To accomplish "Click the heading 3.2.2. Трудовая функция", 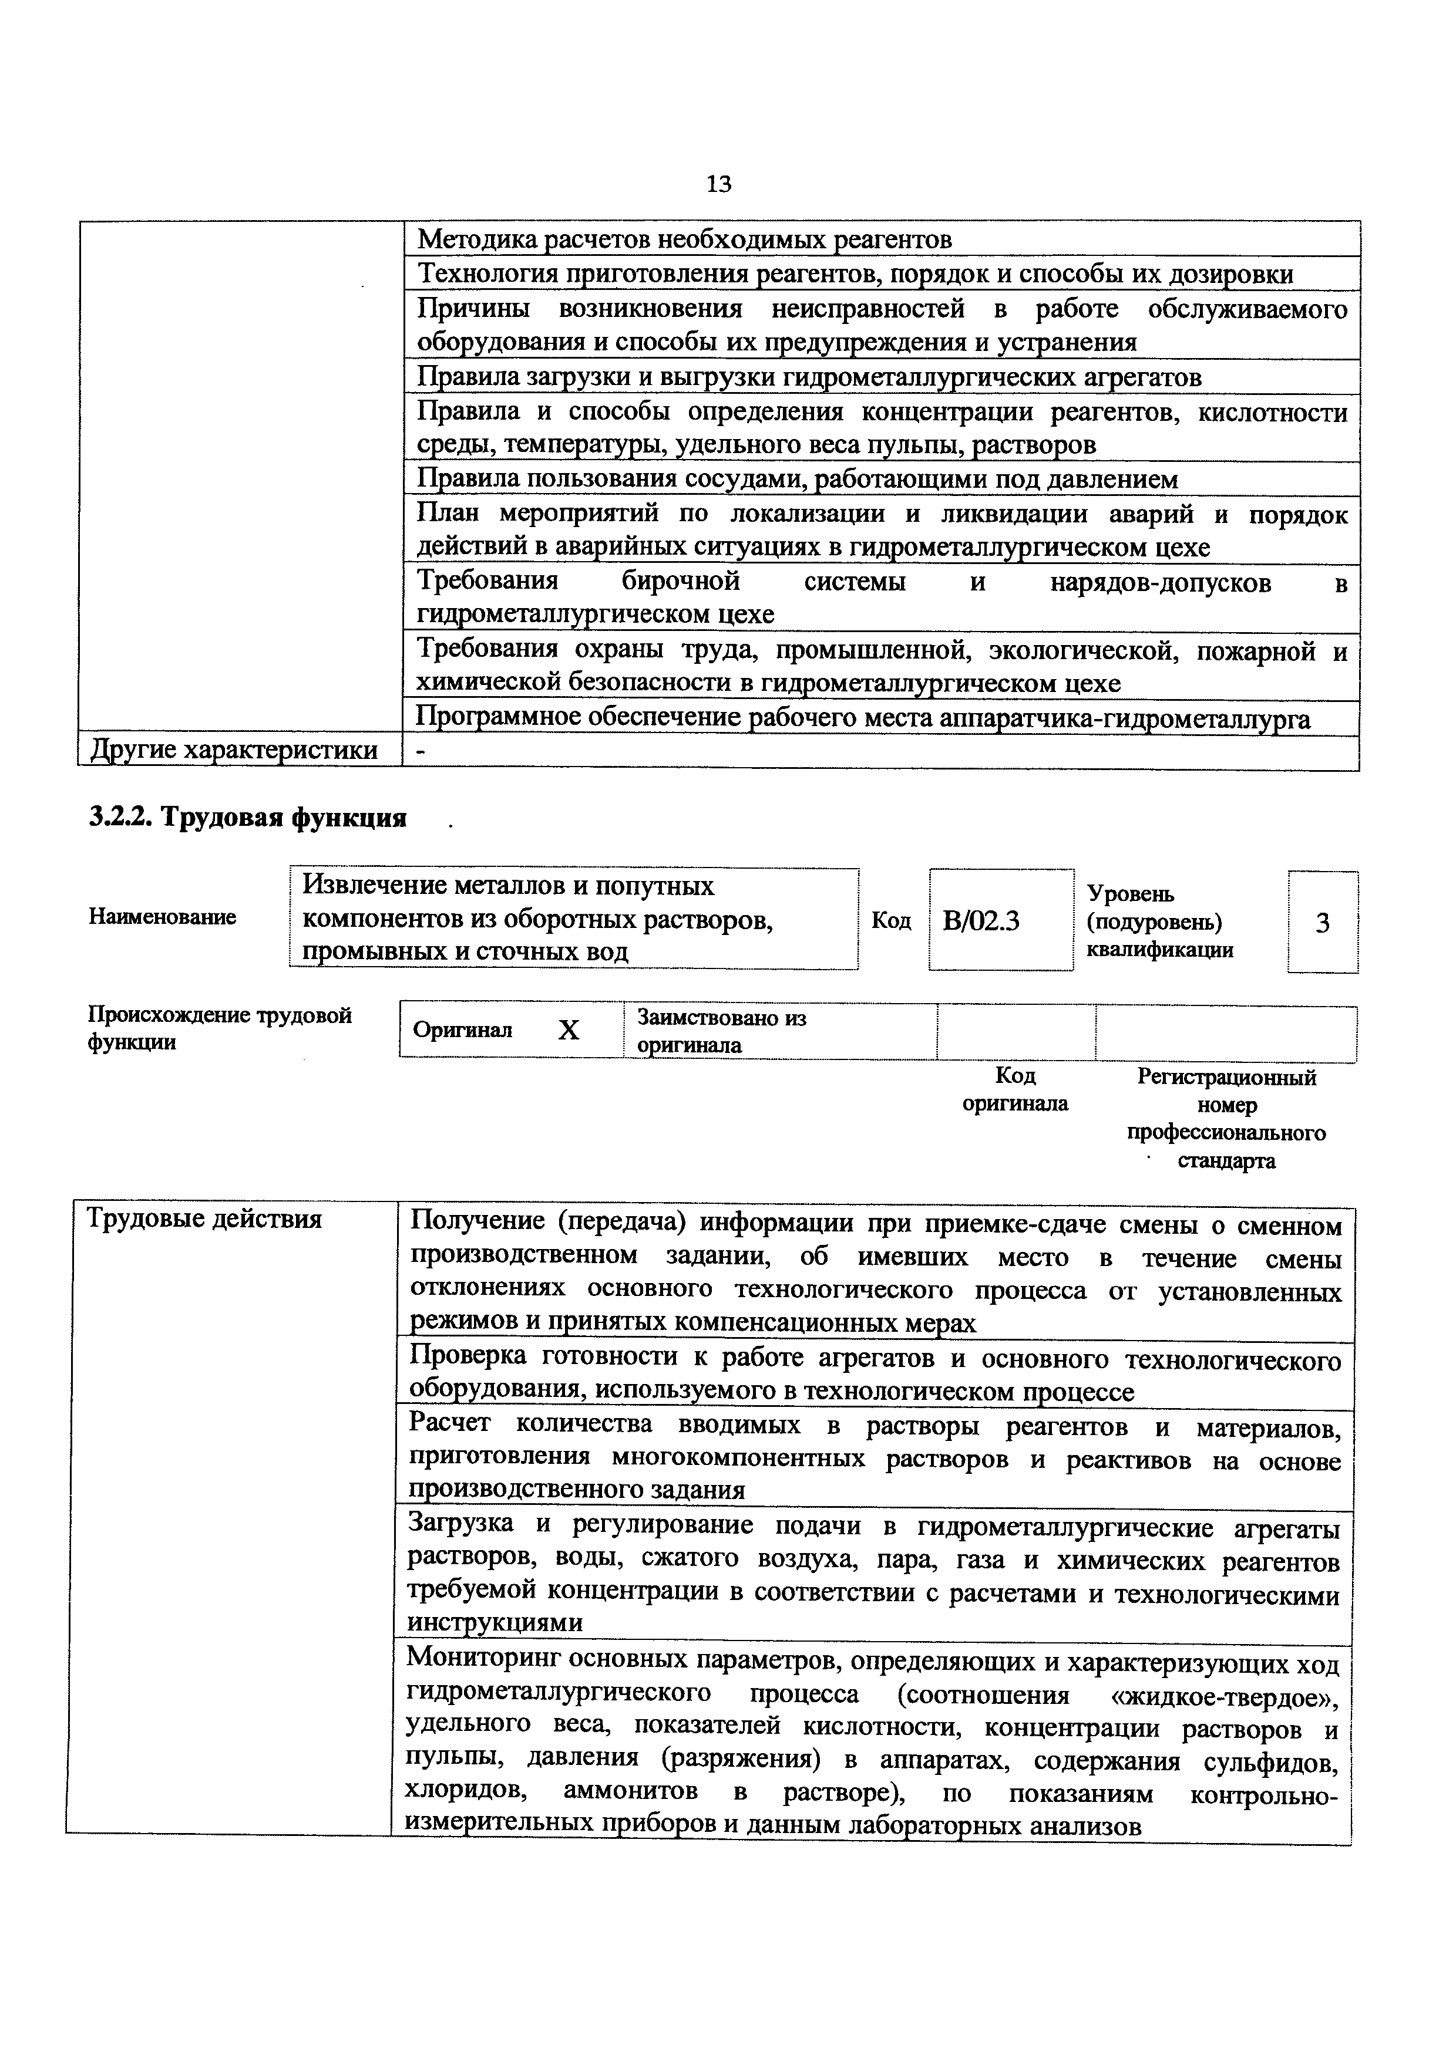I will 248,818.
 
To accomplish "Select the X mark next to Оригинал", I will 569,1031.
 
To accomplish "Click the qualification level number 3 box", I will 1322,923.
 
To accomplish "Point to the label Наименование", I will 162,916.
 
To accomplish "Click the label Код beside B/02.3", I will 891,921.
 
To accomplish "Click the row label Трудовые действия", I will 204,1220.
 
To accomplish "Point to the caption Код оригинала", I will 1015,1089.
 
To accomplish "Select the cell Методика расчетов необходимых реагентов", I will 684,239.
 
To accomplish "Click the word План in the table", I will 450,514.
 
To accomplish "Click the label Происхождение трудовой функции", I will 219,1028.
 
